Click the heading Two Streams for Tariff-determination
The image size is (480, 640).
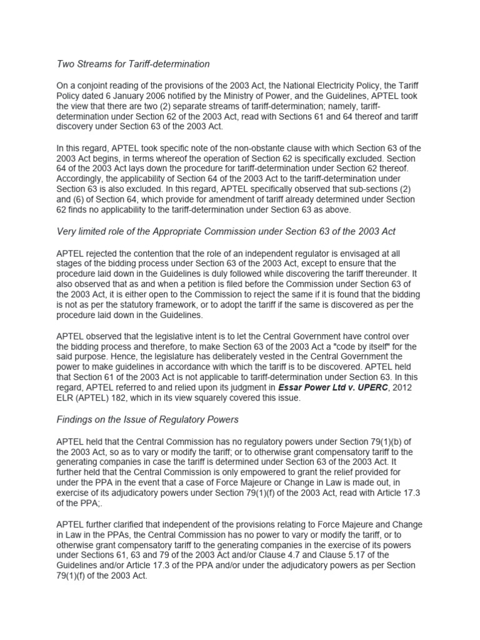[x=133, y=64]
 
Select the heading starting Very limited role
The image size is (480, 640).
[x=226, y=232]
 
